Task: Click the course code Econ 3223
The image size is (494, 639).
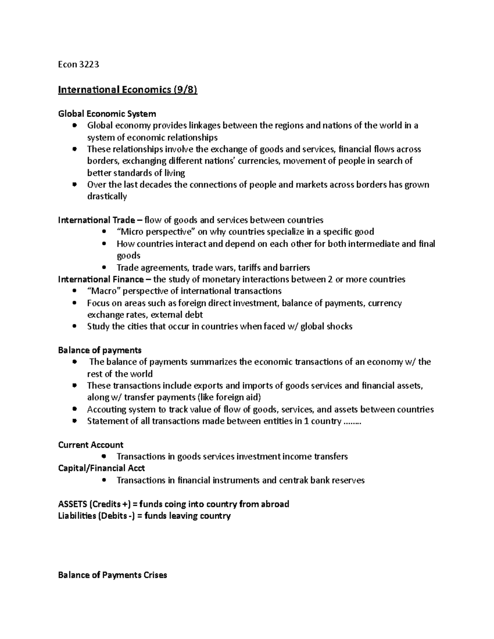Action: [79, 65]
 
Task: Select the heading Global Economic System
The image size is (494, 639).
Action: [107, 114]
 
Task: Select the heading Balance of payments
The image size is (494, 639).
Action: [100, 350]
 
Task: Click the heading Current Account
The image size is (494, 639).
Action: [91, 445]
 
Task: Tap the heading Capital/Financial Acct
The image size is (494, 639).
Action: [101, 468]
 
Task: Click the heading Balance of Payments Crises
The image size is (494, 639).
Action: [112, 575]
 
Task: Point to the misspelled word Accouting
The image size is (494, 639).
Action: [107, 409]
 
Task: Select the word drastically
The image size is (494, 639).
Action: [107, 196]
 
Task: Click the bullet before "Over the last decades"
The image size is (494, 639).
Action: [74, 185]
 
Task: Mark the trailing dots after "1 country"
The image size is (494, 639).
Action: [352, 421]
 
